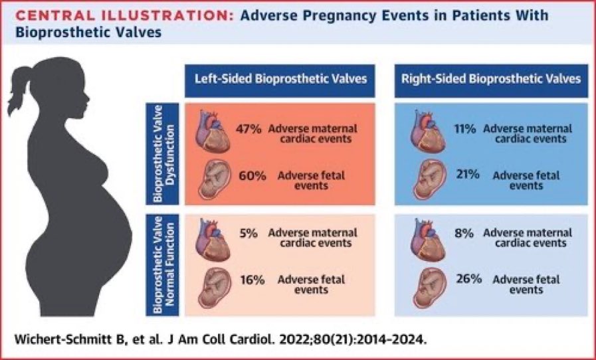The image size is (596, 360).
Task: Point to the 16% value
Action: (250, 280)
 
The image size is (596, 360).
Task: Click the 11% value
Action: (464, 128)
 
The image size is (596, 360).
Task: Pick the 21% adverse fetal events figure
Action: (464, 175)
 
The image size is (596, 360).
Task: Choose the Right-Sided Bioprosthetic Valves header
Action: (491, 79)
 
